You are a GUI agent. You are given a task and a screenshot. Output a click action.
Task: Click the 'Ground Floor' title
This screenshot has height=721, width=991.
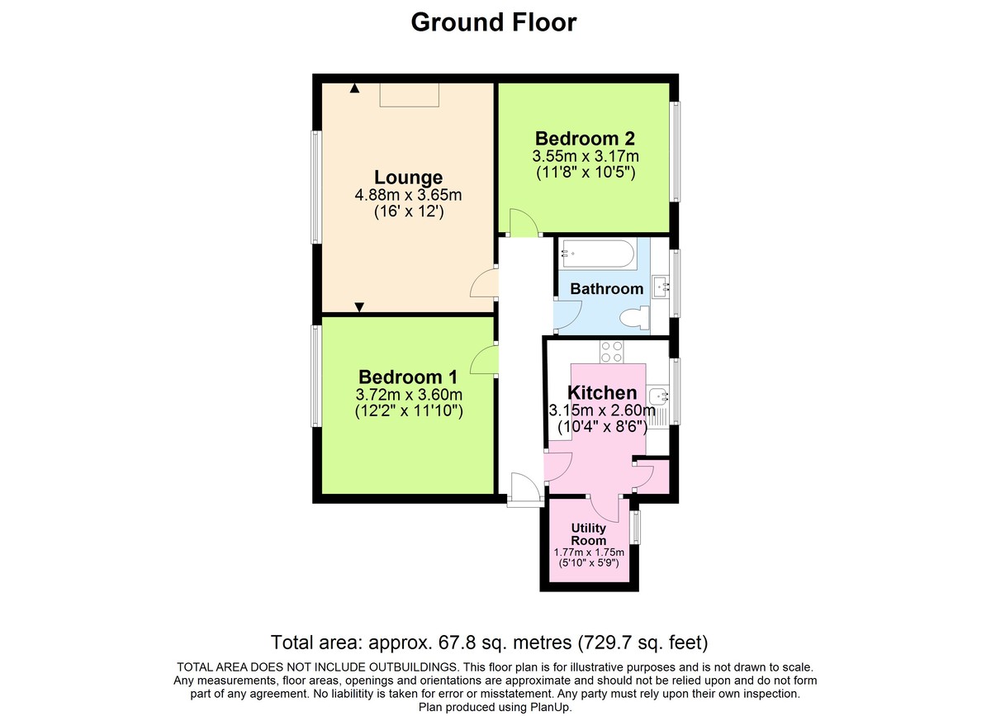pos(494,22)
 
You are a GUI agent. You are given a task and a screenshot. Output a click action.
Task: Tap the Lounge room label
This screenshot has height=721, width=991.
pos(408,178)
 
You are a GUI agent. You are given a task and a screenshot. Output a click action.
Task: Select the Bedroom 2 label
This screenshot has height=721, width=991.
pos(585,138)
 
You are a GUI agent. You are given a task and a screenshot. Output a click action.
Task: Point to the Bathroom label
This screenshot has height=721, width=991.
pos(606,289)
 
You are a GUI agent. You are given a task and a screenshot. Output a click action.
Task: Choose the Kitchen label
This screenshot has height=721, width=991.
pos(602,393)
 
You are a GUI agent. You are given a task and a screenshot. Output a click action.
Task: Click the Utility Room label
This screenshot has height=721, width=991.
pos(589,534)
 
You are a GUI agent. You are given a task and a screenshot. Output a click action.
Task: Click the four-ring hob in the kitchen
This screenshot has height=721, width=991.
pos(612,352)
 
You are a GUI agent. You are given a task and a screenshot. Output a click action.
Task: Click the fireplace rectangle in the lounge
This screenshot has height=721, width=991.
pos(409,94)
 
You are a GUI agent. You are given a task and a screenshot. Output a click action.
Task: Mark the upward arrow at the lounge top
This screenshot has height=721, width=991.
pos(354,88)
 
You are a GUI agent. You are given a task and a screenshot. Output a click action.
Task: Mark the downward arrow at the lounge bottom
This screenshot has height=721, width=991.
pos(359,307)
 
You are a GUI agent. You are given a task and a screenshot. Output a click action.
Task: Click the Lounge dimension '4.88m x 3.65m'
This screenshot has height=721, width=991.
pos(408,196)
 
